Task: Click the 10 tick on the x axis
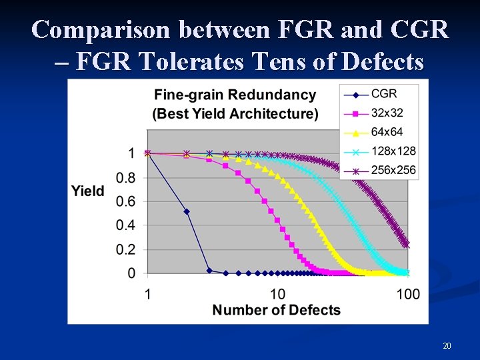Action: (x=277, y=294)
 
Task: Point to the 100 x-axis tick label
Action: (x=407, y=294)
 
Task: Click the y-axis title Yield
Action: (x=88, y=191)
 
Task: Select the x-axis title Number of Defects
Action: (x=276, y=310)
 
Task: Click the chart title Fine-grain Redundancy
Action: (x=235, y=95)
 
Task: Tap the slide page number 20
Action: (x=447, y=346)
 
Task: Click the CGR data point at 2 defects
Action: (x=187, y=211)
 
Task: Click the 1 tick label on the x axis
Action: (x=147, y=294)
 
